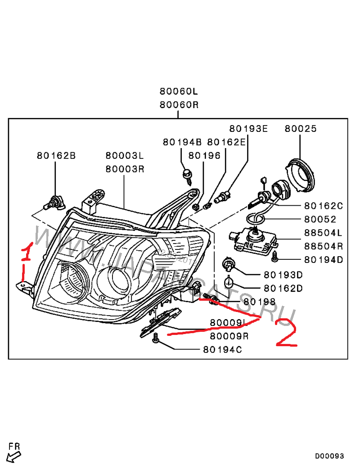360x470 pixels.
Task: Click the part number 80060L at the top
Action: click(179, 91)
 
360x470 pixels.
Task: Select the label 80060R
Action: click(179, 105)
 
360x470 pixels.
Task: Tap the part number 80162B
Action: click(56, 156)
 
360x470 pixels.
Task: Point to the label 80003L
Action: click(125, 156)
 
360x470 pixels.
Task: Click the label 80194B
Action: click(182, 142)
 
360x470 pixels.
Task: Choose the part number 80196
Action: click(204, 156)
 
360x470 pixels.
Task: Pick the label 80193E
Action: click(248, 129)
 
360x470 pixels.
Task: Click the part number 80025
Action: click(300, 129)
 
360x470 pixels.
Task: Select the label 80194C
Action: click(222, 349)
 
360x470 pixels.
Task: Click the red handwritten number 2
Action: click(287, 333)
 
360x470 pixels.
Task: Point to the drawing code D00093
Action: click(329, 456)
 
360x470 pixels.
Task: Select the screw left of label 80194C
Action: click(156, 339)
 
